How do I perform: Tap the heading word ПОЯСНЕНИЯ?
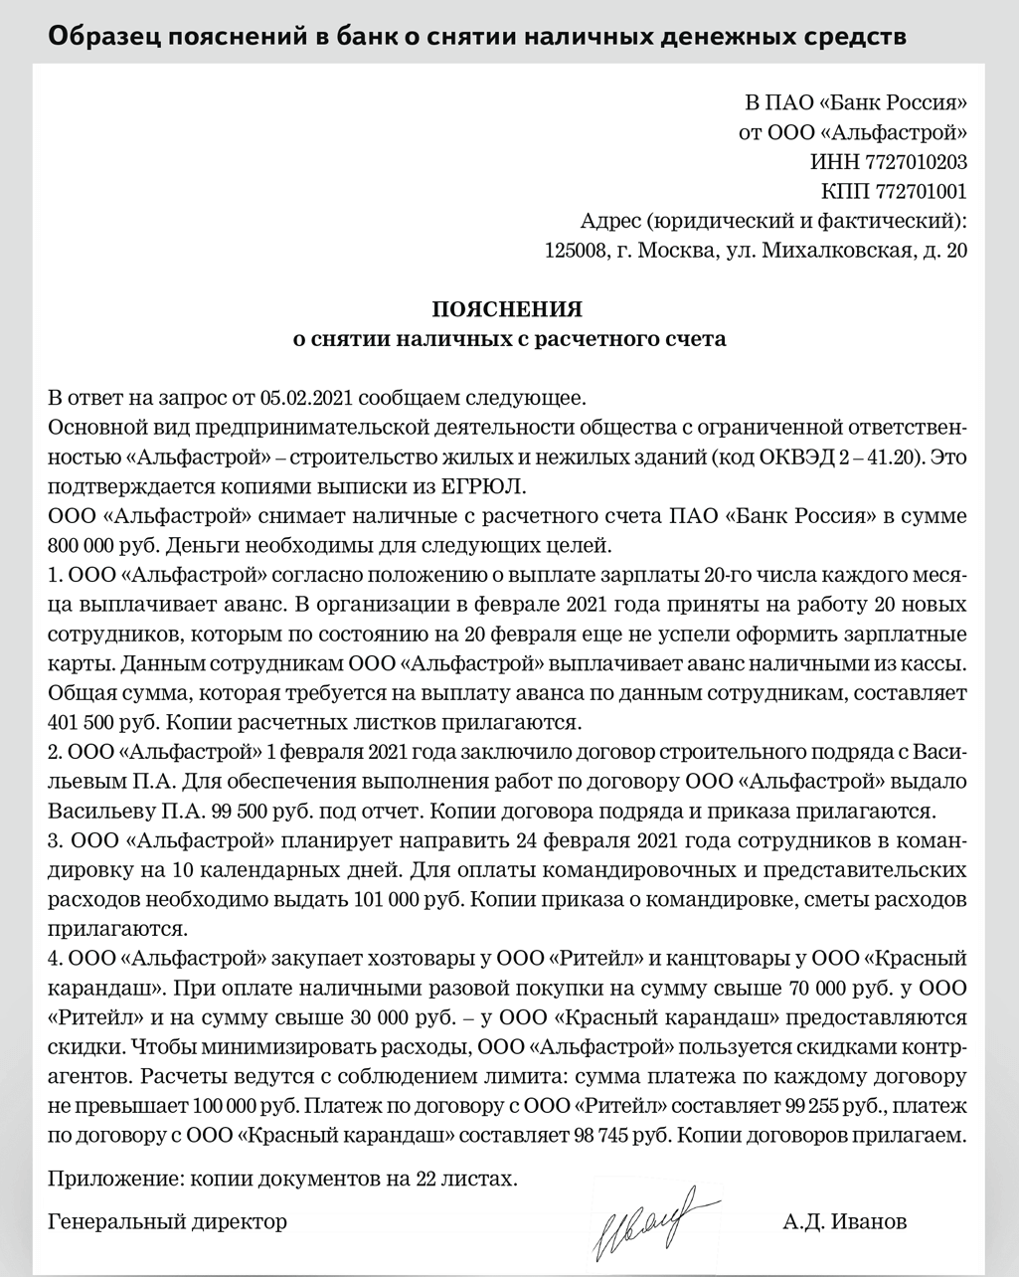[508, 308]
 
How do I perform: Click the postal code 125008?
[577, 251]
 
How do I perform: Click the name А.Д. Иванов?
[844, 1221]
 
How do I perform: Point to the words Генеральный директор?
[167, 1221]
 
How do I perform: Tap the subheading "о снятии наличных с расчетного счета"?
[508, 339]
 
